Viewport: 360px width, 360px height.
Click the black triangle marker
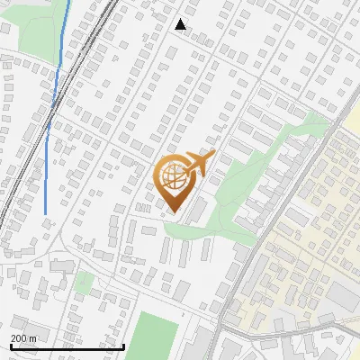click(x=181, y=24)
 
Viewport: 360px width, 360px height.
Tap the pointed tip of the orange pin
click(x=174, y=212)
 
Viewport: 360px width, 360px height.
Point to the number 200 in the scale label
click(x=20, y=337)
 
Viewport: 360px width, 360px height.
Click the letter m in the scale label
click(x=33, y=337)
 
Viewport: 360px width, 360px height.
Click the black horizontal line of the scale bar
click(x=67, y=346)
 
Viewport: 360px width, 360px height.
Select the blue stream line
click(x=51, y=117)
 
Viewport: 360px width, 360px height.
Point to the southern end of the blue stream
click(x=46, y=213)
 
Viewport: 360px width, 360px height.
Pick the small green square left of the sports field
click(x=84, y=283)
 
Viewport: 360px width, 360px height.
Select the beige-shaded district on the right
click(x=310, y=225)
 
